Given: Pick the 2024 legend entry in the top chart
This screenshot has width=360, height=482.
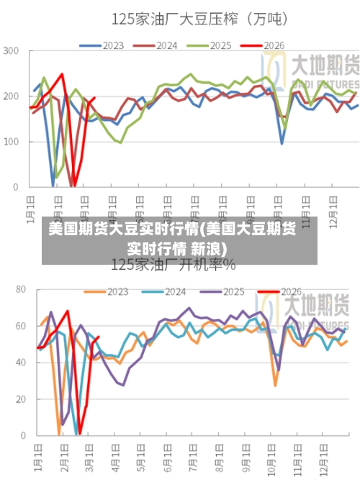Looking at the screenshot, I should [x=156, y=45].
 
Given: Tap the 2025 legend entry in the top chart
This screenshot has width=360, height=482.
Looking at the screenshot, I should [x=210, y=45].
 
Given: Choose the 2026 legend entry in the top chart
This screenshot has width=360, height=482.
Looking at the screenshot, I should [x=263, y=45].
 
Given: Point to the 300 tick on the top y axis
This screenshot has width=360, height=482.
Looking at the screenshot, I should [x=11, y=51].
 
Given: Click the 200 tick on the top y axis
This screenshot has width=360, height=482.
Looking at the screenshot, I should [x=11, y=96].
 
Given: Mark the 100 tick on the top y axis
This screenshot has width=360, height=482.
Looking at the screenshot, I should [x=11, y=142].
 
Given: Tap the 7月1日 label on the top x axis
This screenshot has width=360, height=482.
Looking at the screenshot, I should [x=194, y=204].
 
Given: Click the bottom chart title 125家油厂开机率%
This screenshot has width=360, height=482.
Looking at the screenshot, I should [x=173, y=265].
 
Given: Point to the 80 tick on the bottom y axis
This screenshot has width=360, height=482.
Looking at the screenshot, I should [x=19, y=290].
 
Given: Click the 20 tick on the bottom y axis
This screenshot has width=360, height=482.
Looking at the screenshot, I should [x=19, y=399].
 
